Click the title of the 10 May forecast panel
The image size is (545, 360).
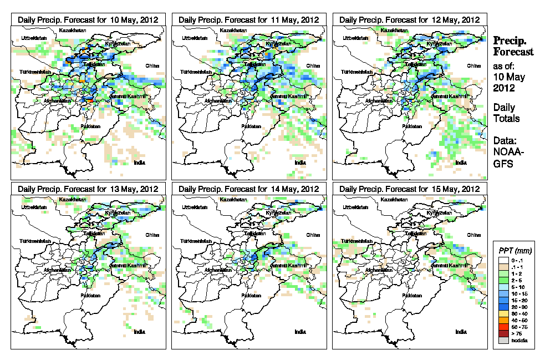[88, 19]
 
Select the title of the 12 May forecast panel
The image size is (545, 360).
[409, 19]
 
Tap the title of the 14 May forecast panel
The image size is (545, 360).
[249, 189]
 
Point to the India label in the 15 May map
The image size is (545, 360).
[461, 332]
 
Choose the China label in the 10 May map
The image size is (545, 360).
[151, 65]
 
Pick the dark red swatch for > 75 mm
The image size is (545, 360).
[503, 334]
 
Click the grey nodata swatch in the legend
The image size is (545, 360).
[503, 340]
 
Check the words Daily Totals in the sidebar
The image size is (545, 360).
[506, 113]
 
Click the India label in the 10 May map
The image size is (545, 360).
[140, 162]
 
